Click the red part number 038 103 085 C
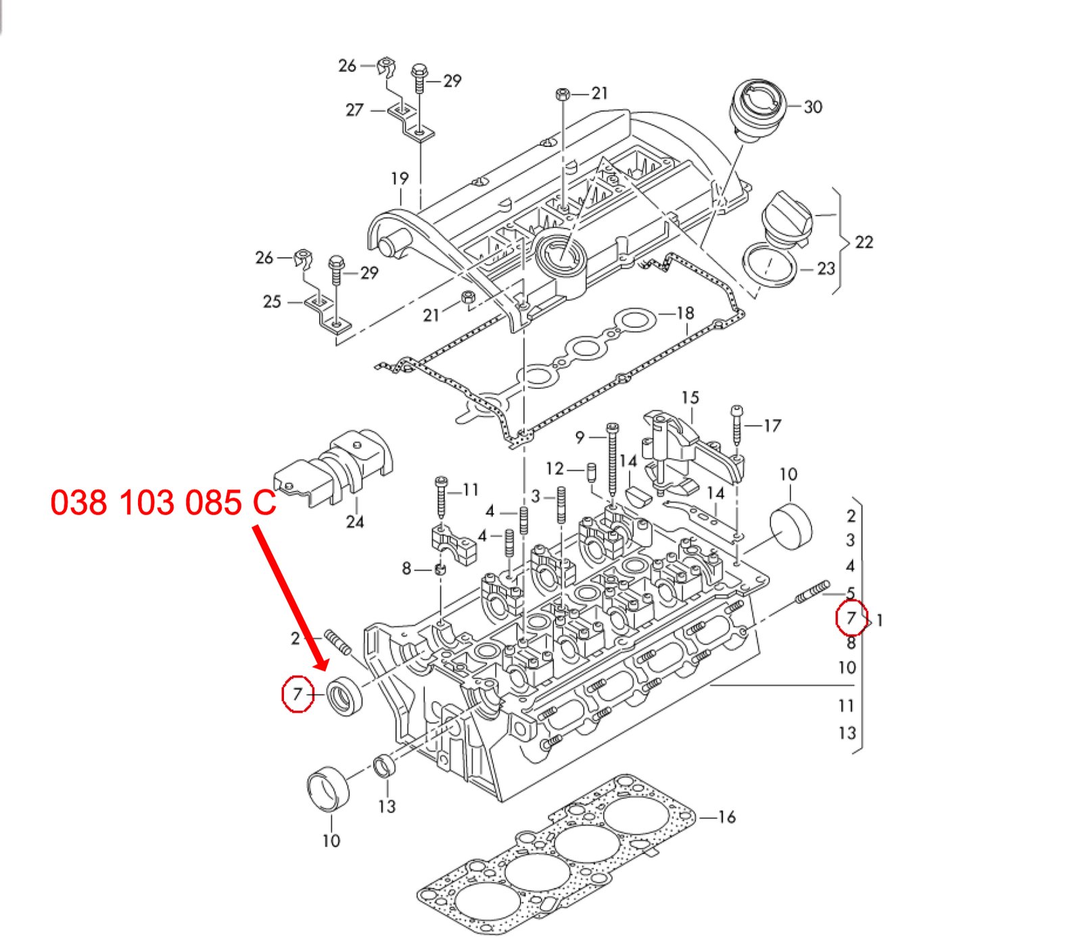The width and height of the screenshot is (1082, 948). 164,503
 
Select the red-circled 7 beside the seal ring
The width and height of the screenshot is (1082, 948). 298,694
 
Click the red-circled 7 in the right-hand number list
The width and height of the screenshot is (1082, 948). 851,618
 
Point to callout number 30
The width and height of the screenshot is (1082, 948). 813,107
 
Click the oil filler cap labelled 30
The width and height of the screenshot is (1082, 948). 757,109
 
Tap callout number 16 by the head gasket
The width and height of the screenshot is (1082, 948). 727,817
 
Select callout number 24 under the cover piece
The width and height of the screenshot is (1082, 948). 354,522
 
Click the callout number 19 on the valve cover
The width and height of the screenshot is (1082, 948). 400,179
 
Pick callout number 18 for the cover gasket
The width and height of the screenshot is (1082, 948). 685,313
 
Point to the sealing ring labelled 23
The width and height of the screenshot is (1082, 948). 770,266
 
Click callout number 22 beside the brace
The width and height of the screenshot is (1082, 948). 864,242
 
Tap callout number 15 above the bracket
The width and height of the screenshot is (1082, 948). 690,398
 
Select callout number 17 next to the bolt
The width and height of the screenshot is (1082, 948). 772,426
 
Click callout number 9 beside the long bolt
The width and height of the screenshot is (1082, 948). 580,438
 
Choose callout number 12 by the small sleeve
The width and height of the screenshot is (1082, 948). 555,468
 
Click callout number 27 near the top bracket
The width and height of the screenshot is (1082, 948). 354,110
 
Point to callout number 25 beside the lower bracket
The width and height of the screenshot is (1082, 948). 272,302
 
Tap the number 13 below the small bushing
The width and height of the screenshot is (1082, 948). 387,807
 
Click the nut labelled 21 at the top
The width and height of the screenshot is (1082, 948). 563,94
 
